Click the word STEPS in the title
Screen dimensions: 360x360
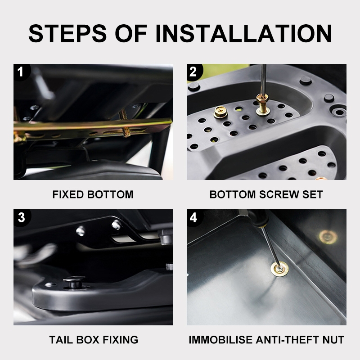pos(67,33)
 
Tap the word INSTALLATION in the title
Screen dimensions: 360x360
pos(243,33)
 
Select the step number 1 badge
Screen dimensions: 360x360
pos(21,72)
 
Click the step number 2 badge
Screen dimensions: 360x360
pos(194,72)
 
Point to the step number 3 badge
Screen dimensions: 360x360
pos(22,217)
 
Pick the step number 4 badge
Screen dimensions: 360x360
pos(194,217)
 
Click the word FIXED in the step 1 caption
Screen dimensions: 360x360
pos(68,194)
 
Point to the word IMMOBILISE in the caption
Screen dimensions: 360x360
pos(220,340)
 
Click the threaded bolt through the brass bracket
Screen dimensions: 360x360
pos(124,123)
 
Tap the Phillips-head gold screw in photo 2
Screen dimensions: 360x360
pos(220,112)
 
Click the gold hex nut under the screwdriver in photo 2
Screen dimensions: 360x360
pos(263,99)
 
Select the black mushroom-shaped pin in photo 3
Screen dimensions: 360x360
pos(74,282)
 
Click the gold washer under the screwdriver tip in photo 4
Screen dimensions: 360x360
pos(279,269)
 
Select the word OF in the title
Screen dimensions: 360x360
pos(131,33)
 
